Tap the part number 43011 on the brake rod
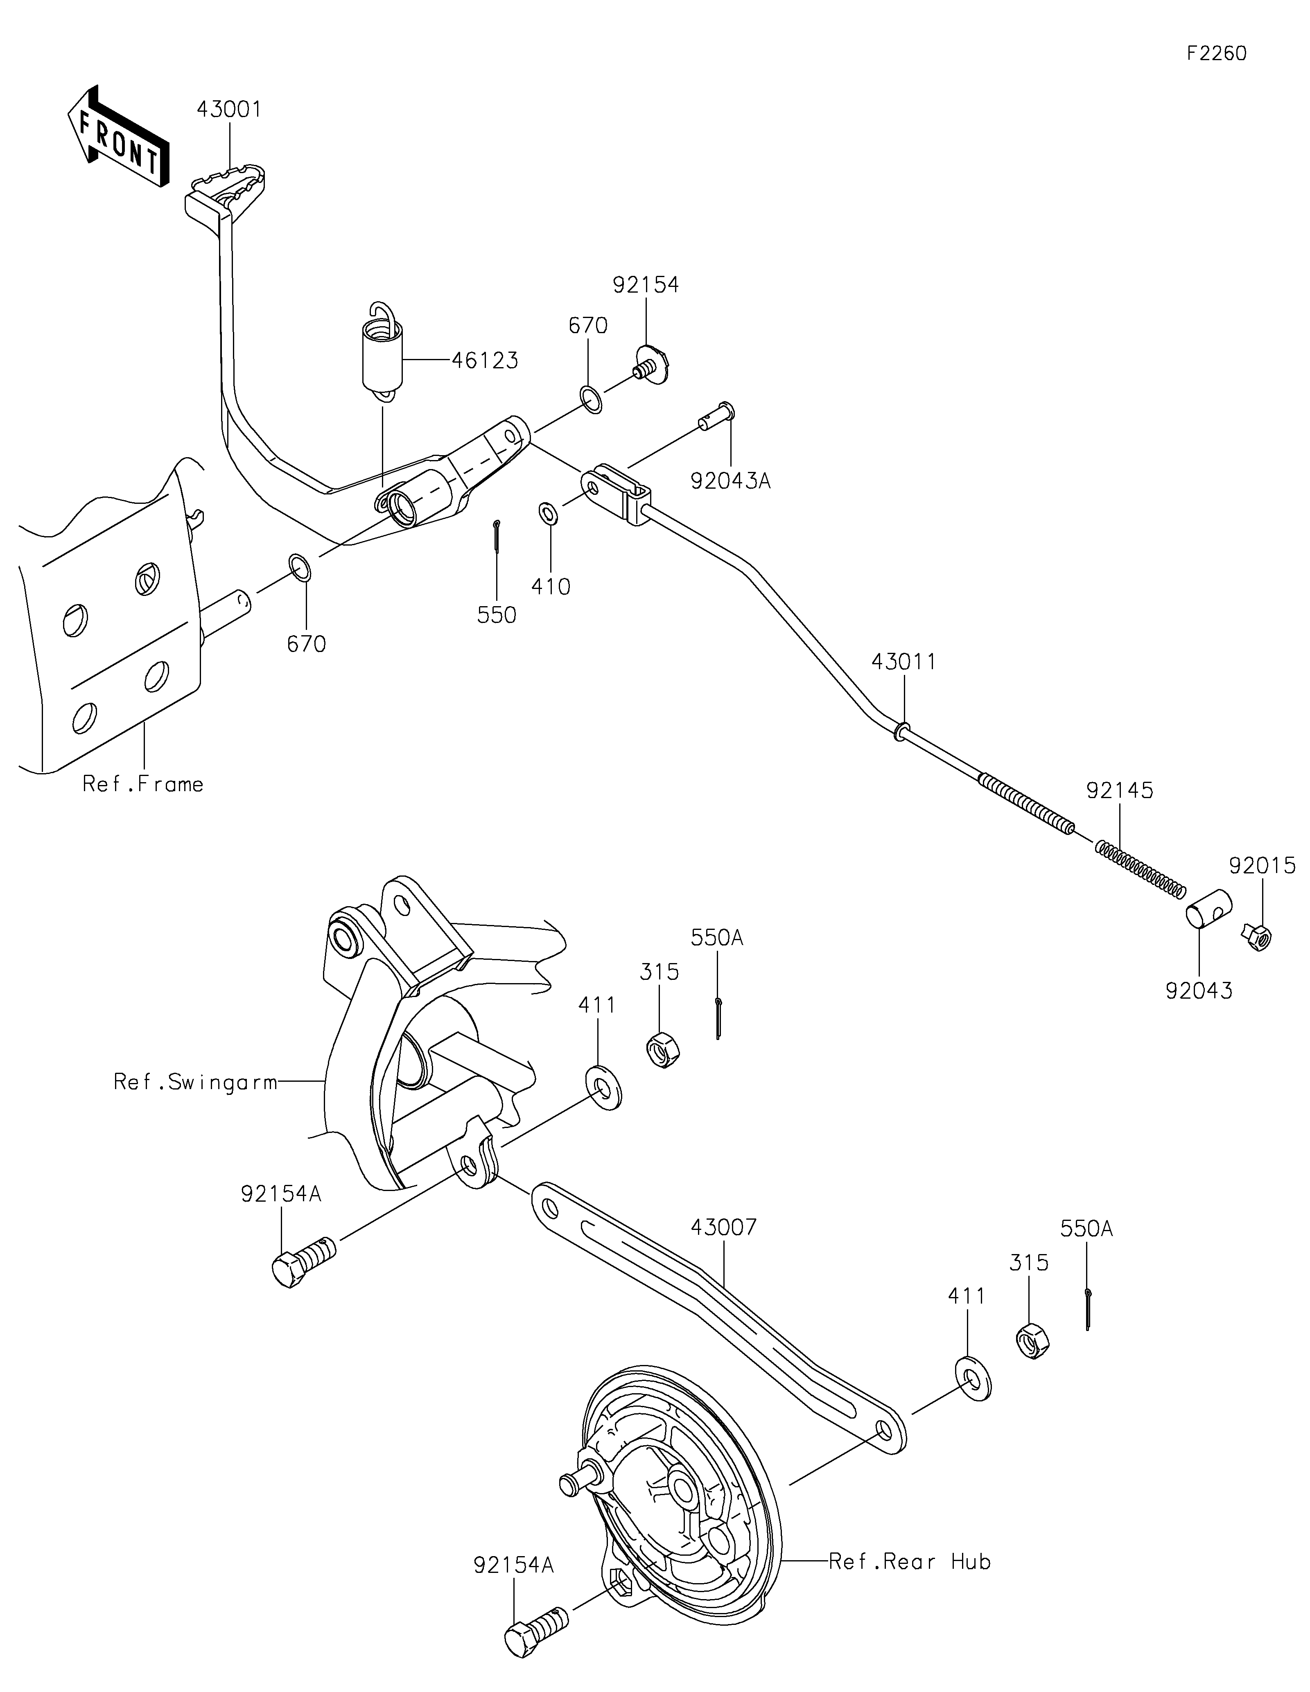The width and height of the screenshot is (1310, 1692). tap(903, 661)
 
